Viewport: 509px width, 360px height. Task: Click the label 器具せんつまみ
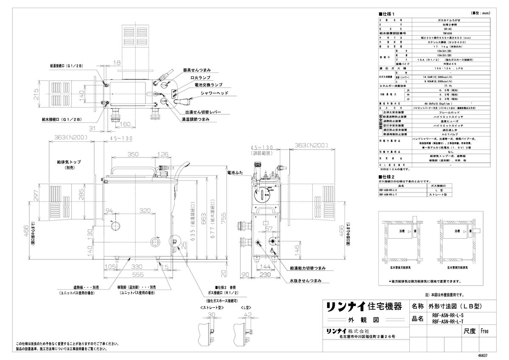pyautogui.click(x=197, y=70)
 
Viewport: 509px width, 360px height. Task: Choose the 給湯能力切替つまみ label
pyautogui.click(x=309, y=268)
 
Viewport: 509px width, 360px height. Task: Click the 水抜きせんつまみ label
pyautogui.click(x=306, y=281)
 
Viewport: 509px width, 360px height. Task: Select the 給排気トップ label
pyautogui.click(x=69, y=162)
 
